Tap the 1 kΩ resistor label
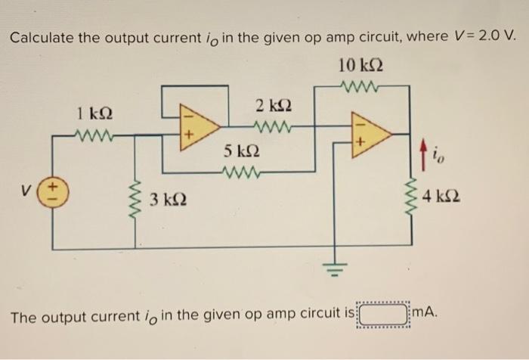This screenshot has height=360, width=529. (95, 115)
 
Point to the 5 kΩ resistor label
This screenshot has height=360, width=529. (240, 151)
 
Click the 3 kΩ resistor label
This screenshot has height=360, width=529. (165, 201)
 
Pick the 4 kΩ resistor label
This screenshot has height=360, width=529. (440, 198)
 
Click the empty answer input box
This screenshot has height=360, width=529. (383, 313)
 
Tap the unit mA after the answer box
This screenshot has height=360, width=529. (426, 312)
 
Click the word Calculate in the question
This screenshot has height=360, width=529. (45, 38)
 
